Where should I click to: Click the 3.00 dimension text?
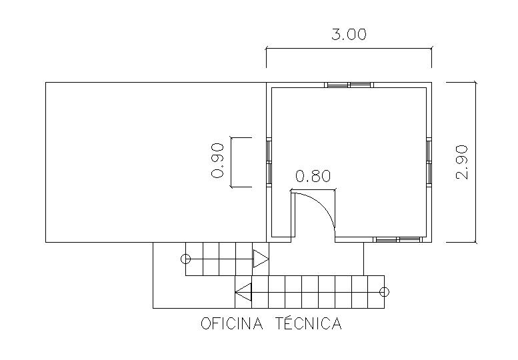(x=349, y=35)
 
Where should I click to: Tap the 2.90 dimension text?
(x=462, y=162)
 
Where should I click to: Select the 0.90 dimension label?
(x=217, y=161)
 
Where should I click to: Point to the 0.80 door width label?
(x=313, y=176)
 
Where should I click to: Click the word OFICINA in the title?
(x=232, y=323)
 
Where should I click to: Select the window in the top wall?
(x=349, y=85)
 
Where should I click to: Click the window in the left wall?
(x=269, y=162)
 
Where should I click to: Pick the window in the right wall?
(x=429, y=162)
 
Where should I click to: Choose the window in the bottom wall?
(x=398, y=239)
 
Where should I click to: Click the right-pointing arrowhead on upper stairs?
(x=261, y=259)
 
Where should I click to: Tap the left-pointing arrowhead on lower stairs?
(x=243, y=292)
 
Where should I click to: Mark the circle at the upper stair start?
(x=185, y=259)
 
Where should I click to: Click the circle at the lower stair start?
(x=384, y=292)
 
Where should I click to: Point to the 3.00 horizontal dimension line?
(x=349, y=48)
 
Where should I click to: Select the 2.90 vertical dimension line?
(x=475, y=162)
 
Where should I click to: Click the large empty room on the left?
(x=156, y=162)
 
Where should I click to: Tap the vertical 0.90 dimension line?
(x=231, y=162)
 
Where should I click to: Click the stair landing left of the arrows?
(x=169, y=275)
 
